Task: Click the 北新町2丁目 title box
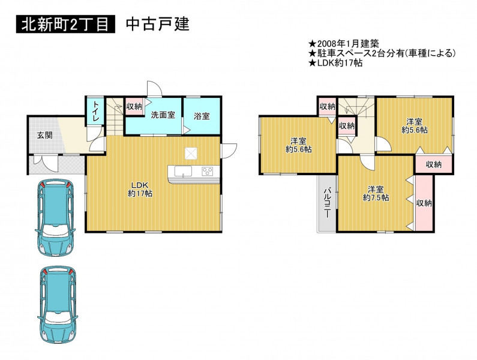pyautogui.click(x=66, y=24)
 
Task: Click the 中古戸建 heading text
pyautogui.click(x=158, y=24)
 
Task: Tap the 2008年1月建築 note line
pyautogui.click(x=344, y=44)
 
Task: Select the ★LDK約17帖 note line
pyautogui.click(x=335, y=63)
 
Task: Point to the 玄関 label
pyautogui.click(x=45, y=135)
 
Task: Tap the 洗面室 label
pyautogui.click(x=163, y=115)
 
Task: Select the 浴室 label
pyautogui.click(x=202, y=116)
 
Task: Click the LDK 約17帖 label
pyautogui.click(x=140, y=189)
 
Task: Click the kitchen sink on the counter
pyautogui.click(x=183, y=171)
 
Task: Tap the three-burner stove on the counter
pyautogui.click(x=208, y=171)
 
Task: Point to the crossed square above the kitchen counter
pyautogui.click(x=191, y=153)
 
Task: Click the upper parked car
pyautogui.click(x=55, y=217)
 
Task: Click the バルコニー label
pyautogui.click(x=327, y=202)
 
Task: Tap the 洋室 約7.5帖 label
pyautogui.click(x=376, y=193)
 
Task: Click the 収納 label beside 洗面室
pyautogui.click(x=134, y=107)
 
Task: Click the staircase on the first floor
pyautogui.click(x=115, y=116)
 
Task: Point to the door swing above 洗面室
pyautogui.click(x=154, y=89)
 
